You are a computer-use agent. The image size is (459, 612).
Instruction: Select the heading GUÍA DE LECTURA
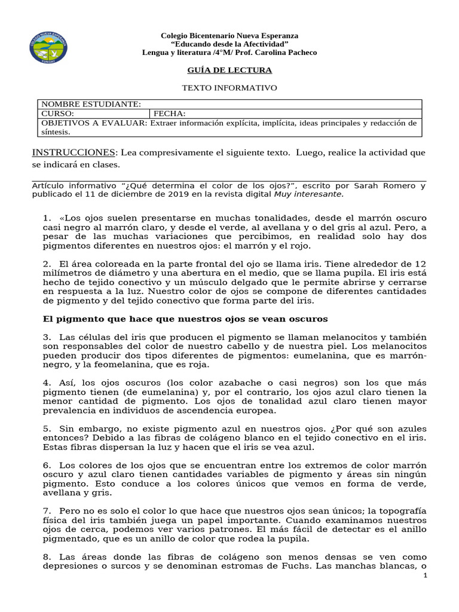[229, 71]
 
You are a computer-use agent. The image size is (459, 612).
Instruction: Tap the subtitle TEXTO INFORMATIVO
[229, 88]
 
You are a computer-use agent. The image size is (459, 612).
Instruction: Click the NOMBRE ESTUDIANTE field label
[91, 104]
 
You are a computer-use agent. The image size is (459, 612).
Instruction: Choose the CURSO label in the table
[57, 114]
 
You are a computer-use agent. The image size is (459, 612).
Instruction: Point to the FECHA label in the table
[170, 114]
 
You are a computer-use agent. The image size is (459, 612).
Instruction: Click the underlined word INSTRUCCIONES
[72, 152]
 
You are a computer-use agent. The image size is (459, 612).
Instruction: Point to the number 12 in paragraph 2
[421, 264]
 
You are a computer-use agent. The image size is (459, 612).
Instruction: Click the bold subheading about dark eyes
[185, 319]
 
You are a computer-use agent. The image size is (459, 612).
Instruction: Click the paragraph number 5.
[47, 429]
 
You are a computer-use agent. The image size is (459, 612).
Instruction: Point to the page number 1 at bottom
[425, 576]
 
